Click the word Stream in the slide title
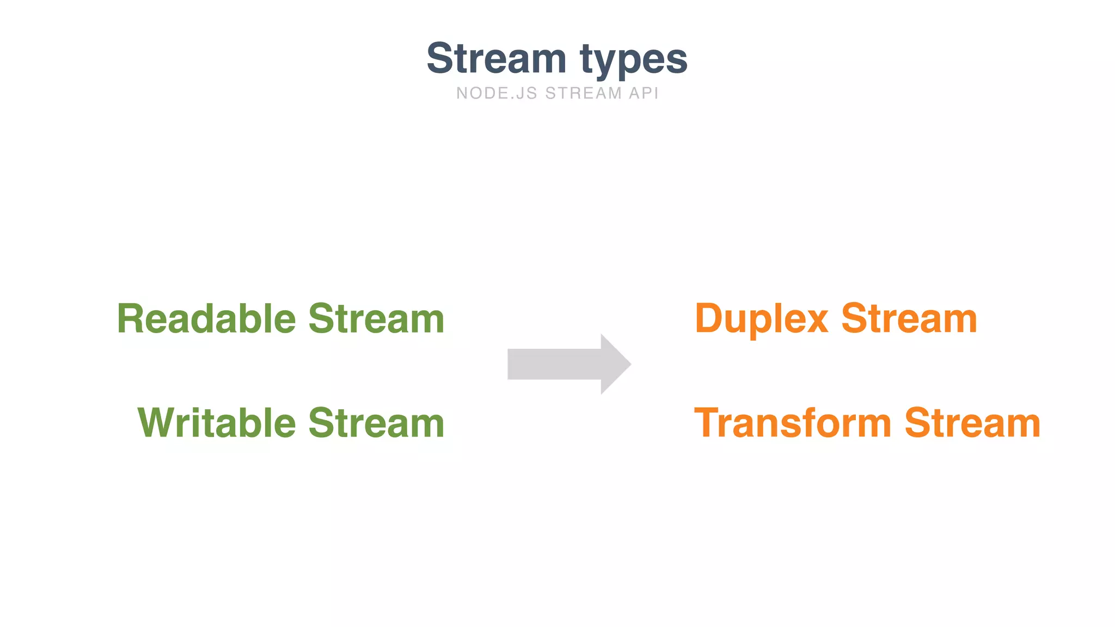coord(496,58)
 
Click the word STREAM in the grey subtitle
coord(583,94)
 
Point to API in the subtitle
coord(644,94)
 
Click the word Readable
coord(206,319)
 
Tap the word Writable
coord(217,423)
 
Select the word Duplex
coord(761,320)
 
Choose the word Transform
coord(792,423)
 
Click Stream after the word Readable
coord(376,319)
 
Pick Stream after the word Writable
coord(376,423)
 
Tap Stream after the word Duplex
coord(909,319)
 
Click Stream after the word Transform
coord(972,423)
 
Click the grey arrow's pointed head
coord(615,364)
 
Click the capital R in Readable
coord(131,319)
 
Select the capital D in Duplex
coord(709,319)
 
